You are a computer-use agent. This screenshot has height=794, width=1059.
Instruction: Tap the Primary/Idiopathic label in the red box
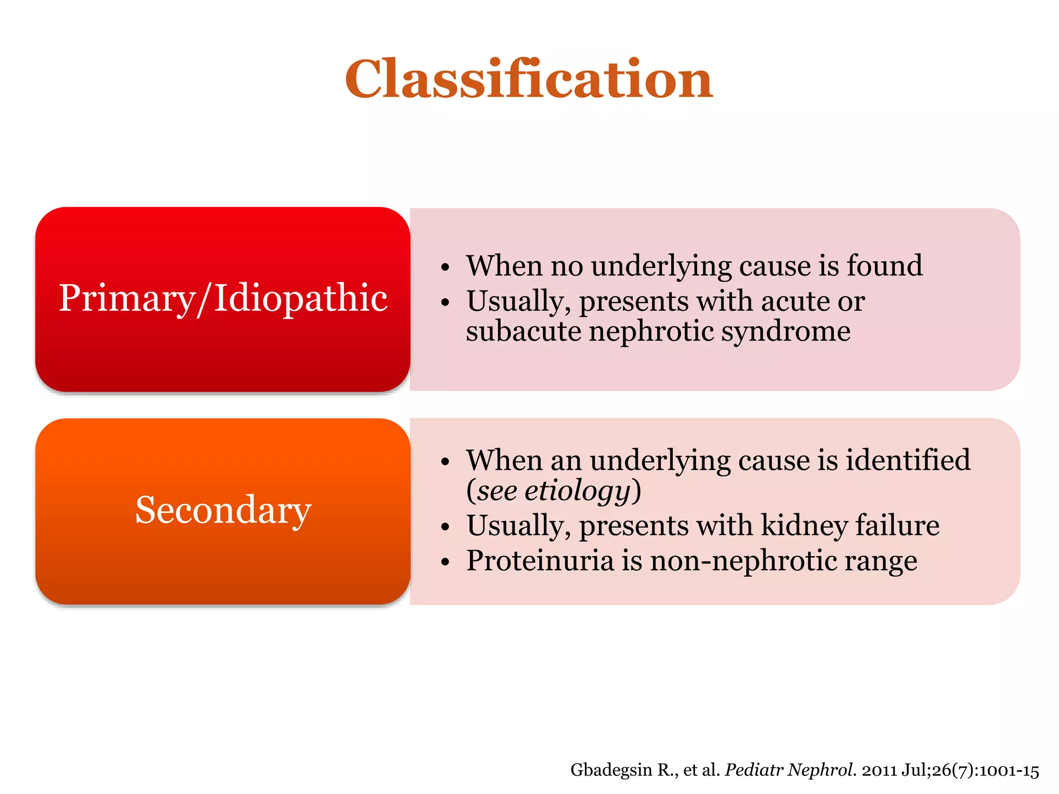pos(223,298)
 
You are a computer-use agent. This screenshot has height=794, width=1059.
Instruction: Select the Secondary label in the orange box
pos(223,510)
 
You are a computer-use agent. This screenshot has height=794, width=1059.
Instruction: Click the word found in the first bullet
pos(884,266)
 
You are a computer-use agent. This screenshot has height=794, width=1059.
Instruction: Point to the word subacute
pos(523,331)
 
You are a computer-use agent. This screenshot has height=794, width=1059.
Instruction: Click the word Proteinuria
pos(539,560)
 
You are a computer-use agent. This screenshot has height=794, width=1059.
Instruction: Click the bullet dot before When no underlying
pos(445,268)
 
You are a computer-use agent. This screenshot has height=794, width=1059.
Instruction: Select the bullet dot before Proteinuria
pos(445,562)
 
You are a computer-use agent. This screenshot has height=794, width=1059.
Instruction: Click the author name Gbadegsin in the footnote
pos(611,770)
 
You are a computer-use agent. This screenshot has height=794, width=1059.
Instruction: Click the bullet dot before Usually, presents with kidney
pos(445,528)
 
